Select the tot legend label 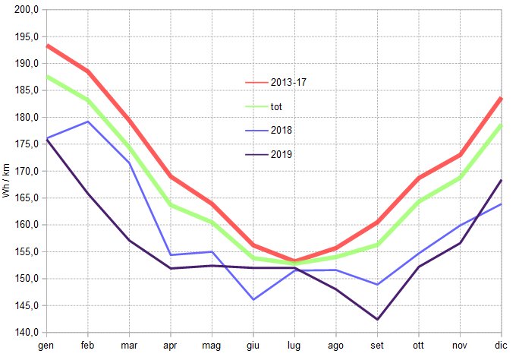(277, 106)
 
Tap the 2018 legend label (282, 130)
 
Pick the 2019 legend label (282, 154)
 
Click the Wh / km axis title (6, 181)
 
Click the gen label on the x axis (46, 346)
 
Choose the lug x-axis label (294, 346)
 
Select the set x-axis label (377, 346)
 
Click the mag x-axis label (212, 346)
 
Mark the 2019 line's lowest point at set (377, 319)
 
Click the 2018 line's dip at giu (253, 299)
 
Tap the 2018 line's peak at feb (88, 122)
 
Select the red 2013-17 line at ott (419, 178)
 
